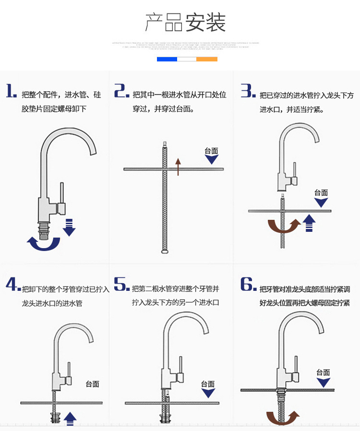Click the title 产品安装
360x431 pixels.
pyautogui.click(x=185, y=22)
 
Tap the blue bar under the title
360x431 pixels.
pyautogui.click(x=167, y=59)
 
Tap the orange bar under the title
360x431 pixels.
pyautogui.click(x=207, y=59)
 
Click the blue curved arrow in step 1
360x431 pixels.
pyautogui.click(x=43, y=243)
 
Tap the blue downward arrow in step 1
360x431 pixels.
pyautogui.click(x=69, y=227)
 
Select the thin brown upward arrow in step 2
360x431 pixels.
pyautogui.click(x=178, y=166)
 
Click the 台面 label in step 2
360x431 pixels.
pyautogui.click(x=211, y=151)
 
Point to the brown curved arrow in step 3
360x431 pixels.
pyautogui.click(x=283, y=226)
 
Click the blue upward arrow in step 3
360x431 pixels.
pyautogui.click(x=310, y=223)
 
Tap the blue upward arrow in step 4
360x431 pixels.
pyautogui.click(x=71, y=418)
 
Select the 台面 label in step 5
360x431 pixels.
pyautogui.click(x=208, y=384)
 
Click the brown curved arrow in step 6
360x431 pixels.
pyautogui.click(x=283, y=418)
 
